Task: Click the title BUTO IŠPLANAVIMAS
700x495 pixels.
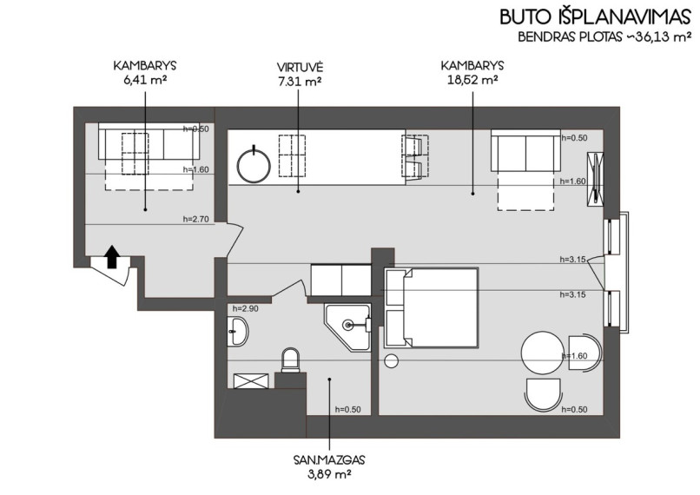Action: tap(595, 16)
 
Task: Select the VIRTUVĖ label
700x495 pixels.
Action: tap(300, 68)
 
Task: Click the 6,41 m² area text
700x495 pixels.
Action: tap(145, 81)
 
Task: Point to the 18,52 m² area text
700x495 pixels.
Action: tap(472, 81)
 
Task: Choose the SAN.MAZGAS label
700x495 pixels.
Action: tap(329, 459)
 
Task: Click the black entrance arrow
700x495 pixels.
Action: tap(112, 257)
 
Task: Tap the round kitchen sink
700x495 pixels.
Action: tap(254, 166)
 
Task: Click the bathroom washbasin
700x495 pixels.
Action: tap(238, 331)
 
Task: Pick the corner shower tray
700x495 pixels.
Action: tap(347, 327)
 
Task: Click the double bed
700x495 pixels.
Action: tap(432, 307)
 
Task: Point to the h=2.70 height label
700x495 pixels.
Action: tap(195, 219)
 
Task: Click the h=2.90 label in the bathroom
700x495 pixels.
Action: tap(245, 308)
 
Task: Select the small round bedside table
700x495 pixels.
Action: tap(391, 361)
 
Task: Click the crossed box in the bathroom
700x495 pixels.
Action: tap(251, 381)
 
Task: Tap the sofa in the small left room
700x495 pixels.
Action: tap(149, 142)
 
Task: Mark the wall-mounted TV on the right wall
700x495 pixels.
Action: tap(596, 180)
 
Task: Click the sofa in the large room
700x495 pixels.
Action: tap(525, 150)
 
